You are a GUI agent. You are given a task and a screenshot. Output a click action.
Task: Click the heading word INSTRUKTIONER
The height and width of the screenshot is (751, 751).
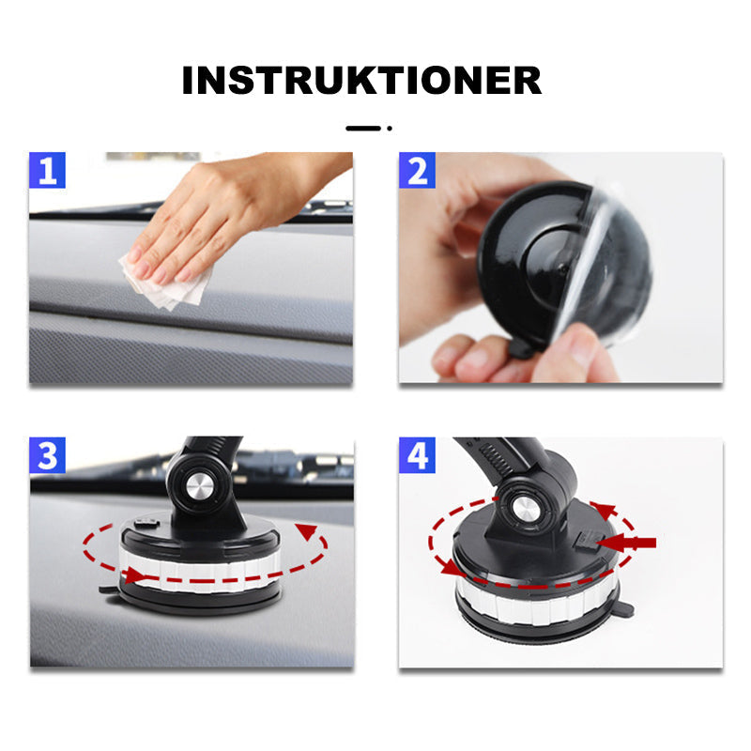(361, 81)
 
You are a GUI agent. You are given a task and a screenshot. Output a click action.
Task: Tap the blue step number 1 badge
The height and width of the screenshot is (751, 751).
(47, 170)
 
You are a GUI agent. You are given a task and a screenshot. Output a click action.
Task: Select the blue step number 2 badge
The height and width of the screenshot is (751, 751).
(417, 170)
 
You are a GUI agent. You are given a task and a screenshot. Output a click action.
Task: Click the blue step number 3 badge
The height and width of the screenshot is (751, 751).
(47, 455)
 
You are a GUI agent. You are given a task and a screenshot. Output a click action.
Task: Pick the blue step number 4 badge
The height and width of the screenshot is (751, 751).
(417, 455)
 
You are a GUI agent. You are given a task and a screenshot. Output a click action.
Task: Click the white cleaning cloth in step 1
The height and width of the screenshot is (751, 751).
(168, 283)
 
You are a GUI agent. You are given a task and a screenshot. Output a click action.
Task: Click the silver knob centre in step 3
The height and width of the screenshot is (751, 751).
(200, 488)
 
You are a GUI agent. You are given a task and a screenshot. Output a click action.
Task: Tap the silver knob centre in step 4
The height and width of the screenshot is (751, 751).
(525, 511)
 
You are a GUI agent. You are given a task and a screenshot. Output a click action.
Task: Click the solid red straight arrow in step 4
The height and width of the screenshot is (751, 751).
(626, 543)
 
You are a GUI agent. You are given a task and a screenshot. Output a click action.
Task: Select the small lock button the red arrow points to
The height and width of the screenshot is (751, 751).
(585, 541)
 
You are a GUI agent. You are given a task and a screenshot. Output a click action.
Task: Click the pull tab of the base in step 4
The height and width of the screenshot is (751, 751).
(624, 609)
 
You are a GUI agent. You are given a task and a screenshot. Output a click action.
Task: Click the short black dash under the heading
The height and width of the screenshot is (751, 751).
(363, 129)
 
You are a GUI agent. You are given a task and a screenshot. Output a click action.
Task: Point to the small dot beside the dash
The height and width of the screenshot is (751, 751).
(390, 129)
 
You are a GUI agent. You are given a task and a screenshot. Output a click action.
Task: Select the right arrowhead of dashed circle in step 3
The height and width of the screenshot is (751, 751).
(307, 530)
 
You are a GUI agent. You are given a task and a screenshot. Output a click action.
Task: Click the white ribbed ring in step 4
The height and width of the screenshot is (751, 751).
(536, 605)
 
